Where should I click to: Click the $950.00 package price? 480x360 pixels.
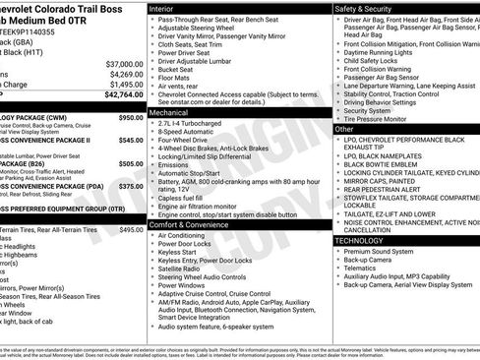tap(130, 118)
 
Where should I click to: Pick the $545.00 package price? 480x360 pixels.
tap(130, 140)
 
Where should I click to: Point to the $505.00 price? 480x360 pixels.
tap(130, 164)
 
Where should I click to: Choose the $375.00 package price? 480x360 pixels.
tap(130, 186)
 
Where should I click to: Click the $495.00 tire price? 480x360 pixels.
tap(130, 229)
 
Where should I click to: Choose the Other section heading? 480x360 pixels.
tap(344, 129)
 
